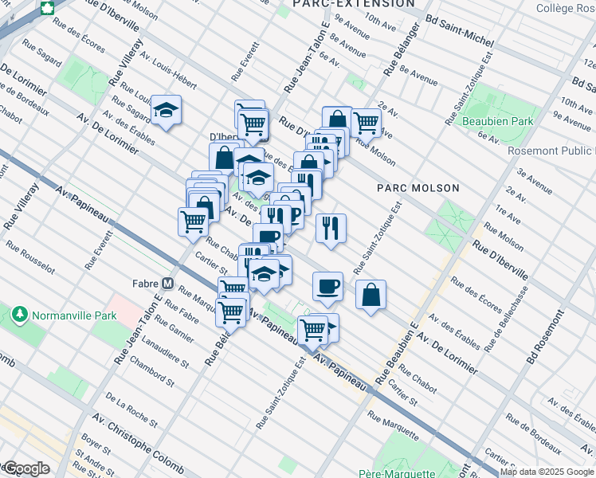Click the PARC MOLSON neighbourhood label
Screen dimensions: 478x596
(418, 188)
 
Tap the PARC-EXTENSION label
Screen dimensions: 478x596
(354, 4)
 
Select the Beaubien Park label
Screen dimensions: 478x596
(498, 122)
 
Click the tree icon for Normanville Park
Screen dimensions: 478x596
(19, 315)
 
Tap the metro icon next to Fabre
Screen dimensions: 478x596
(168, 283)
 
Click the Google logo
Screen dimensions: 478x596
(26, 468)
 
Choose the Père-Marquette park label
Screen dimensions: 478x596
(413, 472)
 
